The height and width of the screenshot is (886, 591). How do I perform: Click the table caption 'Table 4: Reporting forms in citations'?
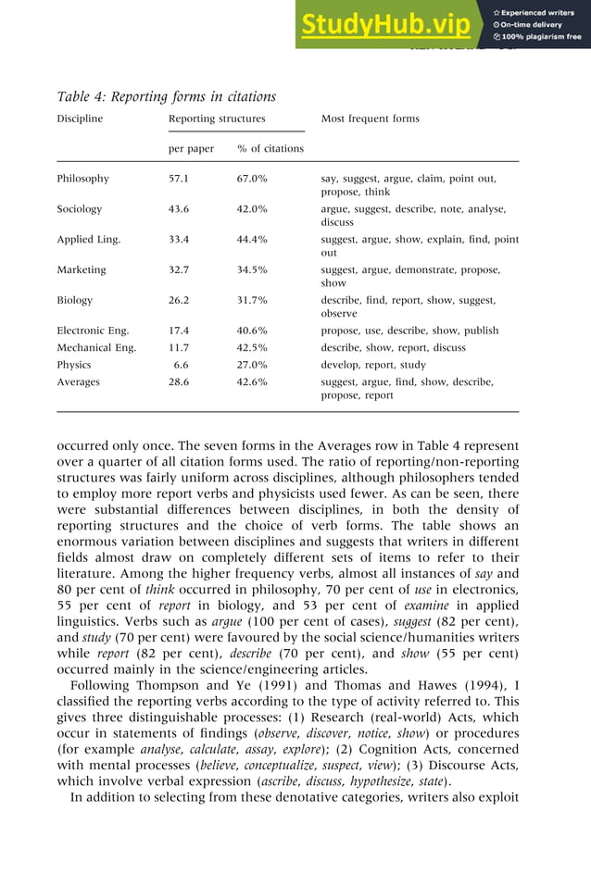point(167,96)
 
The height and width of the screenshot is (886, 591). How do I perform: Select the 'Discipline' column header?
point(81,119)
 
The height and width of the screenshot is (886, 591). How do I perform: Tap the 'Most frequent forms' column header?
point(370,119)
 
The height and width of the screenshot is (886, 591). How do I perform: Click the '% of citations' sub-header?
point(270,148)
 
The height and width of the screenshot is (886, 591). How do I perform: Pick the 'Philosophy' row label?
point(83,179)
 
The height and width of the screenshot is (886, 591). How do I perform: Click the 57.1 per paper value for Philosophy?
point(178,179)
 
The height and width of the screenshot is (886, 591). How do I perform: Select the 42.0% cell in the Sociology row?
point(252,209)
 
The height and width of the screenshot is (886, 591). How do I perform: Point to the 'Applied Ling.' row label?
point(89,240)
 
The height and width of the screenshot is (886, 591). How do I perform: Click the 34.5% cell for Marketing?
point(252,270)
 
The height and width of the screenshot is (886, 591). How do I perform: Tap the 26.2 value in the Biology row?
point(178,300)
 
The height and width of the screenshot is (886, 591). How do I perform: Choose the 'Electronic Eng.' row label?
point(93,331)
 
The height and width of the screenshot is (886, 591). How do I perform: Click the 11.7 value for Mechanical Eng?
point(179,348)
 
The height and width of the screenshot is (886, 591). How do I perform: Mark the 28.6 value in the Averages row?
point(178,381)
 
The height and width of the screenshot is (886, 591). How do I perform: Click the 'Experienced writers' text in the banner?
point(538,13)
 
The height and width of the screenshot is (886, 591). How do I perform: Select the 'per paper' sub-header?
point(191,148)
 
